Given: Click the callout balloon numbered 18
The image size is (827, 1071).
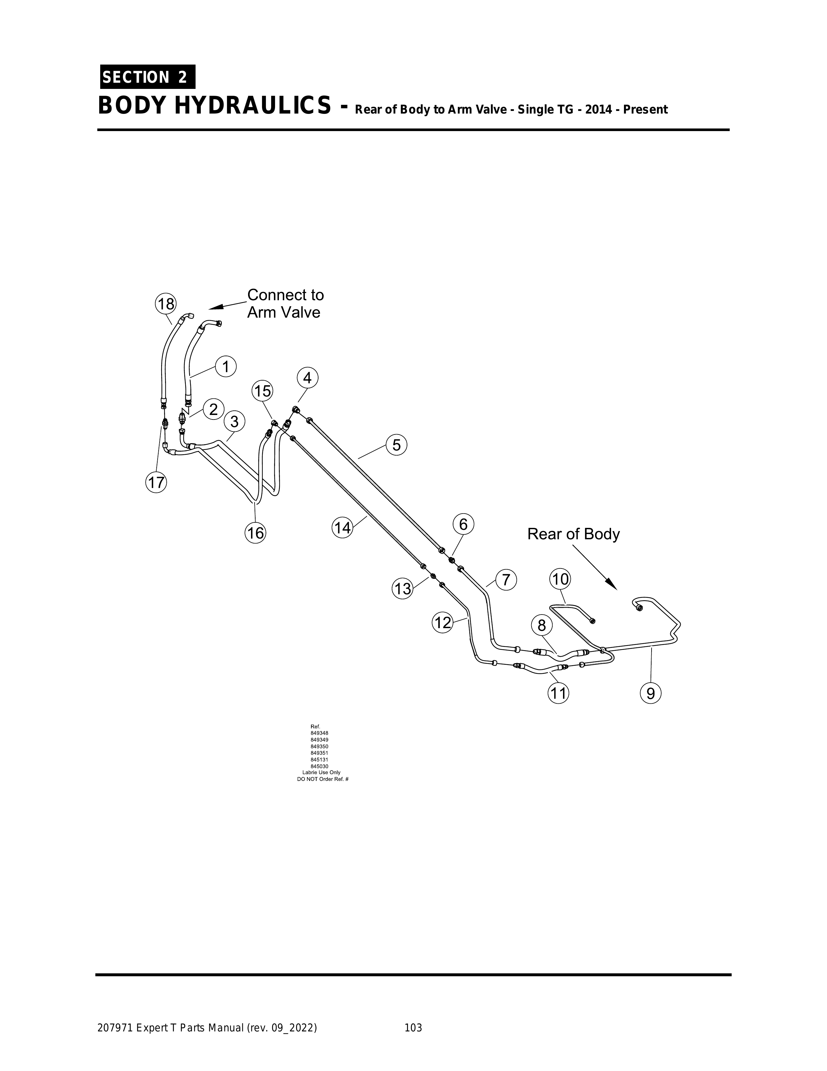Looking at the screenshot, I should pyautogui.click(x=166, y=304).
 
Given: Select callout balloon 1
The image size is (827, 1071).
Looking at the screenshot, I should pyautogui.click(x=226, y=366).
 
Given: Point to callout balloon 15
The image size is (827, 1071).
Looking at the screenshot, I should pyautogui.click(x=263, y=391).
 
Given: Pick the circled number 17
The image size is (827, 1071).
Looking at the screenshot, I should pyautogui.click(x=156, y=482).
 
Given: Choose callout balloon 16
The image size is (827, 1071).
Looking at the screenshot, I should pyautogui.click(x=255, y=532).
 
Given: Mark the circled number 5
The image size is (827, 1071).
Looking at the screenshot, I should pyautogui.click(x=397, y=445).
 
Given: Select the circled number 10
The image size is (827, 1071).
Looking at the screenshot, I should pyautogui.click(x=560, y=579).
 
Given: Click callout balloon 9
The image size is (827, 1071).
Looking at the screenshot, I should pyautogui.click(x=651, y=693).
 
